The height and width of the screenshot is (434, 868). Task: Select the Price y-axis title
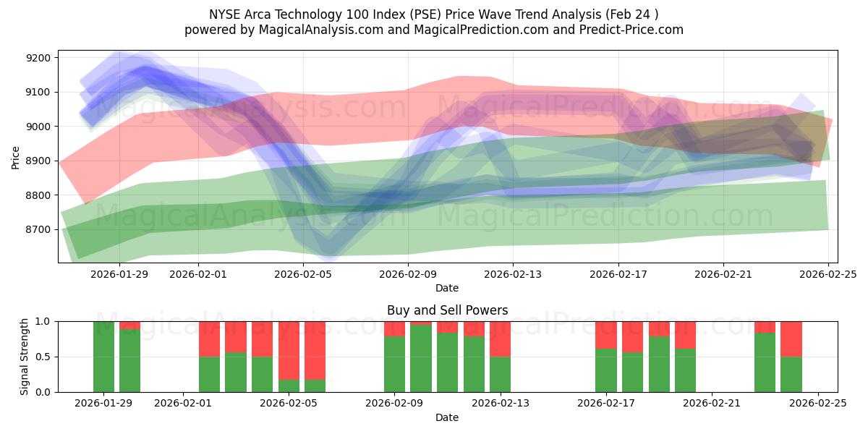pos(16,156)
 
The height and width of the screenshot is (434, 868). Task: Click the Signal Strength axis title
pos(25,357)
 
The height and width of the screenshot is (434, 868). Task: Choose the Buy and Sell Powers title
pos(447,310)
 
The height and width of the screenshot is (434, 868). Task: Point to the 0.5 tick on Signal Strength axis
pos(43,357)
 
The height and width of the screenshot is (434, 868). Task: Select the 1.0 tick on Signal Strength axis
pos(43,321)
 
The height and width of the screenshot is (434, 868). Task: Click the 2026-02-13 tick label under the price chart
pos(513,275)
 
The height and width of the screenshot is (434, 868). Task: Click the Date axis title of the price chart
pos(447,288)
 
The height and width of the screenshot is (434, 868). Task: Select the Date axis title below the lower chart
pos(447,417)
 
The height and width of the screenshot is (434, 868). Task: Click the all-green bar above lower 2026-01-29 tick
pos(103,357)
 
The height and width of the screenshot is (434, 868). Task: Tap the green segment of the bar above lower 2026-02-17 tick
pos(606,370)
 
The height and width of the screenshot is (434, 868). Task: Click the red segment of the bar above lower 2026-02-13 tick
pos(500,339)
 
